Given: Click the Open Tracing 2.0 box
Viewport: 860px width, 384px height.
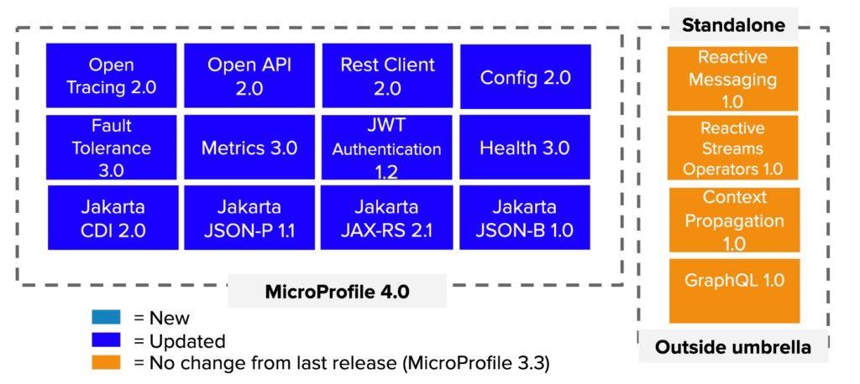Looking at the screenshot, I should pyautogui.click(x=112, y=76).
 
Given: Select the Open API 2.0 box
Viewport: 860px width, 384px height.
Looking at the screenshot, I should pyautogui.click(x=249, y=76).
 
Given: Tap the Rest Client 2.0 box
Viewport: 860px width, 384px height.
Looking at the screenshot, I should pyautogui.click(x=387, y=76).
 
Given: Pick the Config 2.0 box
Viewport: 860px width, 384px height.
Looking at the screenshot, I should pyautogui.click(x=525, y=78).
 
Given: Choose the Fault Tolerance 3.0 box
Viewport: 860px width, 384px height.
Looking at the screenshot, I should pyautogui.click(x=112, y=148).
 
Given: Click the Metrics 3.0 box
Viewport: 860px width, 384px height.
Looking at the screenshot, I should pyautogui.click(x=249, y=148).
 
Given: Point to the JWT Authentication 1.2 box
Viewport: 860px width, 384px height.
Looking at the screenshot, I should pyautogui.click(x=387, y=148).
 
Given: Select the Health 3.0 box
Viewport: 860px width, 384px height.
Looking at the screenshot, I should pyautogui.click(x=525, y=148).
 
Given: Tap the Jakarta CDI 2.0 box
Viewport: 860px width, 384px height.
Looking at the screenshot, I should pyautogui.click(x=113, y=218).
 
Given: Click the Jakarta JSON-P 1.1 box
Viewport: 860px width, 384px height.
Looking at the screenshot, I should pyautogui.click(x=249, y=218).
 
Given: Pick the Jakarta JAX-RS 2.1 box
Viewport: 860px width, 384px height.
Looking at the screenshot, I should pyautogui.click(x=387, y=218).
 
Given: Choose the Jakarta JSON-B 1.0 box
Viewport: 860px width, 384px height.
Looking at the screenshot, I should pyautogui.click(x=525, y=218).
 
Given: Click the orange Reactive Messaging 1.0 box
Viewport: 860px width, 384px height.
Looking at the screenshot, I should pyautogui.click(x=732, y=79).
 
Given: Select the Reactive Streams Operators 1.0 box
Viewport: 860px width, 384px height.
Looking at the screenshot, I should pyautogui.click(x=732, y=148).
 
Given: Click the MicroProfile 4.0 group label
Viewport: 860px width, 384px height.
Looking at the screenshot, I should pyautogui.click(x=337, y=292).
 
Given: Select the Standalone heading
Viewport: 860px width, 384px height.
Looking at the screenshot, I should pyautogui.click(x=733, y=25).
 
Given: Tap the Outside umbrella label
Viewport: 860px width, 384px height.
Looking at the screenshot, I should pyautogui.click(x=733, y=347).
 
